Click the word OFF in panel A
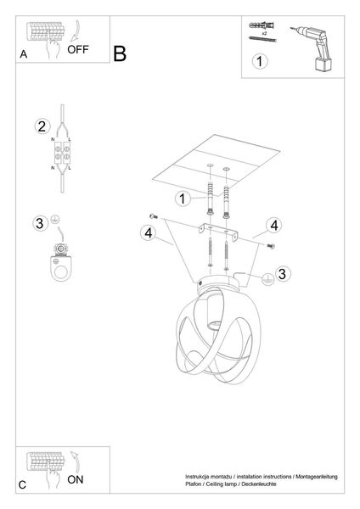click(x=77, y=48)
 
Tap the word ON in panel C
click(x=76, y=479)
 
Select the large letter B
click(x=119, y=53)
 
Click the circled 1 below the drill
click(x=260, y=61)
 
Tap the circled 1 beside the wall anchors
click(x=182, y=199)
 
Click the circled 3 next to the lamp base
click(x=284, y=272)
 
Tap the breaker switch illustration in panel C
click(x=47, y=464)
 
